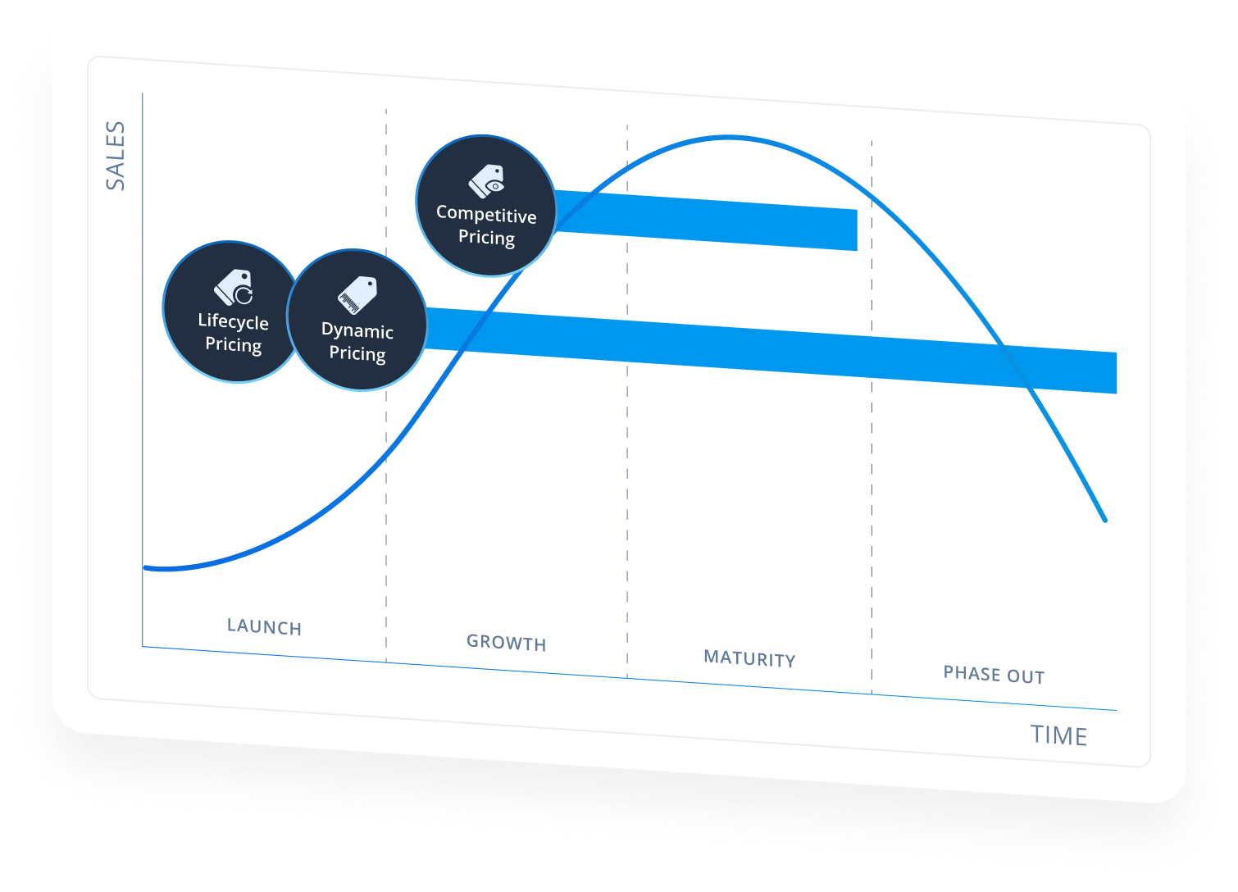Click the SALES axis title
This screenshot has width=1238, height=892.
point(116,156)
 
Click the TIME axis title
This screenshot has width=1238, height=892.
point(1058,735)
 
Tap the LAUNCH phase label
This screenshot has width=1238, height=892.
point(264,627)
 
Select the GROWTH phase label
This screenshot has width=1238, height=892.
point(506,643)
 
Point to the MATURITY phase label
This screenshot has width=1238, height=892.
point(749,658)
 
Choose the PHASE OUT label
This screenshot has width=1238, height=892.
point(994,675)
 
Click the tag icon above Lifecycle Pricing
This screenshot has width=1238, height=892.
point(234,287)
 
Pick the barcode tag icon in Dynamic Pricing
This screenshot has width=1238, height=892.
point(357,295)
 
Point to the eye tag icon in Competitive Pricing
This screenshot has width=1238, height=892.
point(487,180)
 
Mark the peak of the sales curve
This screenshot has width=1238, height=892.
point(728,137)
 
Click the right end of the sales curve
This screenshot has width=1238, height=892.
point(1104,519)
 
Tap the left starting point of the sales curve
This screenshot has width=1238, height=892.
point(147,567)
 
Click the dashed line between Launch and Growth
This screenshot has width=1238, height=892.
point(386,533)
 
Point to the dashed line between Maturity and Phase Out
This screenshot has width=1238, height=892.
point(872,533)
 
